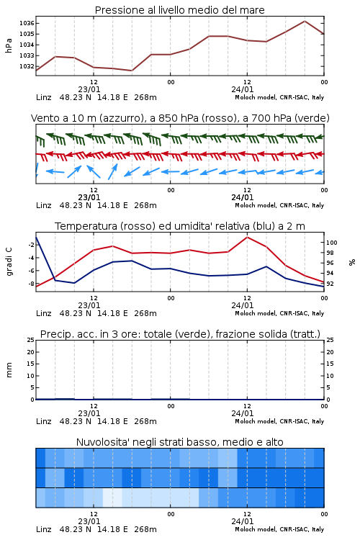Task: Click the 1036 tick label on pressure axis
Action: coord(27,24)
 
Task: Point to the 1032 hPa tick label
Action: coord(27,66)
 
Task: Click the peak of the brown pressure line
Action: coord(305,21)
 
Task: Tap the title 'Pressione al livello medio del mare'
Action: coord(180,10)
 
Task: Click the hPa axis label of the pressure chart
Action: coord(9,45)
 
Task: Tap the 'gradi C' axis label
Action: coord(9,262)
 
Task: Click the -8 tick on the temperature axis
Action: coord(31,284)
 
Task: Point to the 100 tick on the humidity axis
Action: coord(331,243)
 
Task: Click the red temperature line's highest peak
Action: coord(247,237)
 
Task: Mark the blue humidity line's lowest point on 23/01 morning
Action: coord(74,283)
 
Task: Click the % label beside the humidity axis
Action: coord(352,262)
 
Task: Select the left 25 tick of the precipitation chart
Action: coord(31,340)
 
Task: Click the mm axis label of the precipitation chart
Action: coord(9,370)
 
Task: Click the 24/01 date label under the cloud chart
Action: coord(243,521)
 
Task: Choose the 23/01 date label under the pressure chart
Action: coord(89,89)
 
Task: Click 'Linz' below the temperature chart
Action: coord(44,313)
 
